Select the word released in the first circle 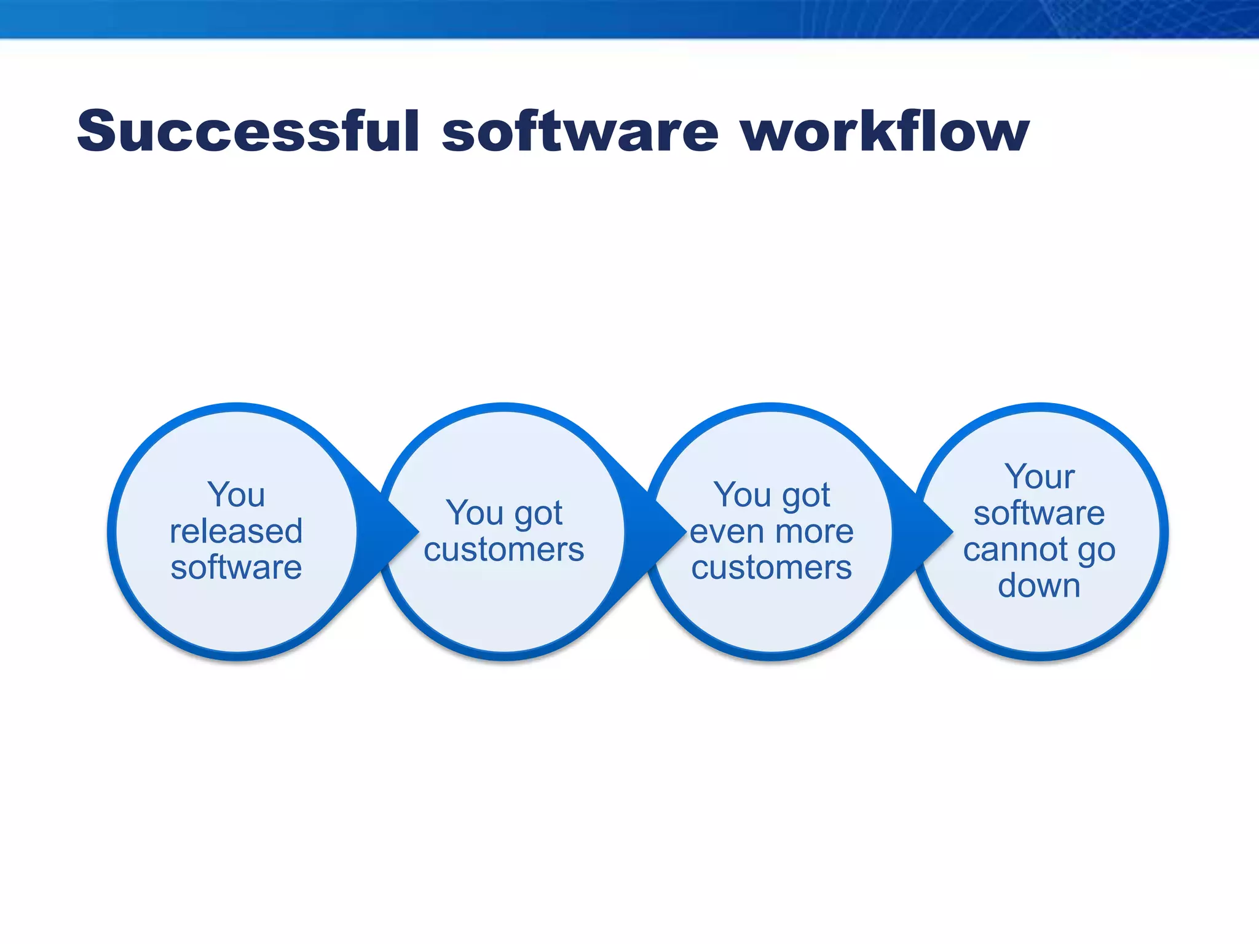(236, 532)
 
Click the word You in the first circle (236, 495)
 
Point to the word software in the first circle (236, 568)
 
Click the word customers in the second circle (503, 549)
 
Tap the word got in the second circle (539, 514)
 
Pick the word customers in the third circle (772, 568)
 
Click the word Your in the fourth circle (1039, 477)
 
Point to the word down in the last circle (1039, 586)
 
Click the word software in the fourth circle (1039, 513)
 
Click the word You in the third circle (736, 495)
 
